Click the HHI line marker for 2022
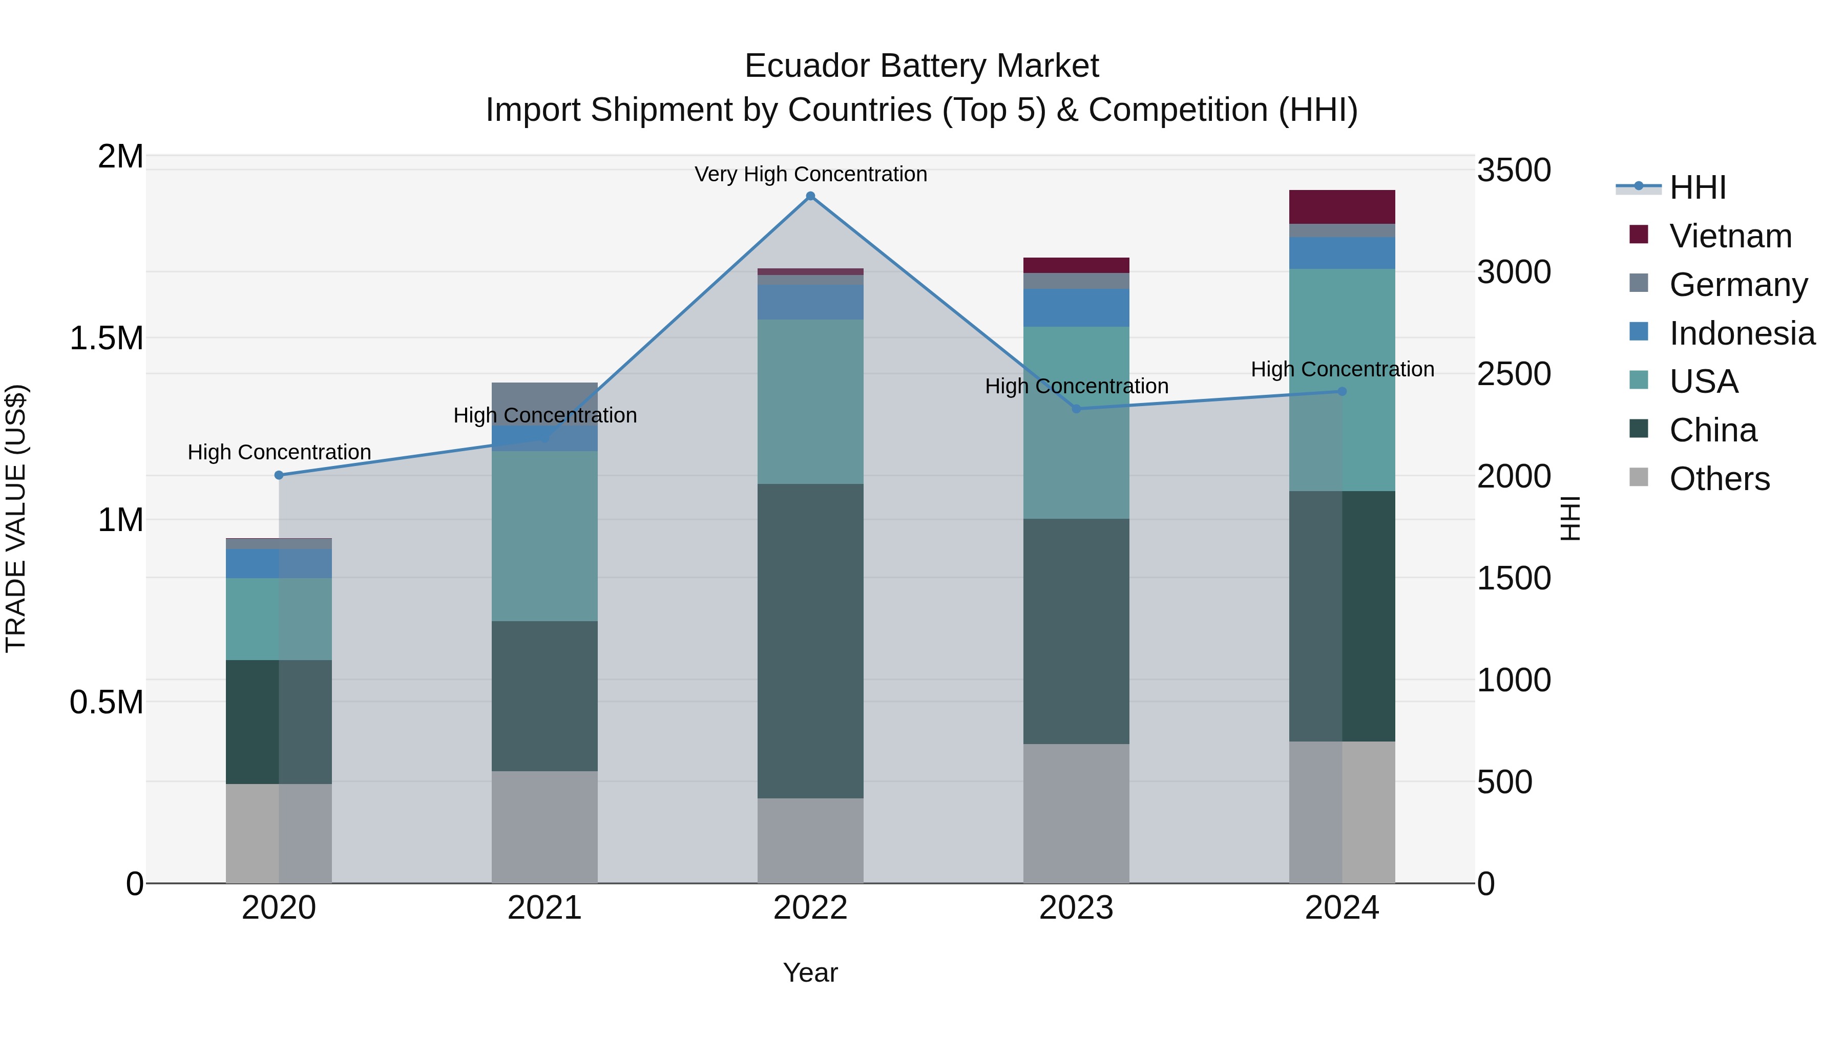point(810,196)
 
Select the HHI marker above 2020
point(279,475)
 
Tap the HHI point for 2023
point(1076,409)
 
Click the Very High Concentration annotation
point(810,174)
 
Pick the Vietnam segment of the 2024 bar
point(1342,207)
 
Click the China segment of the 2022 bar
point(810,641)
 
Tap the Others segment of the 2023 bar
point(1076,813)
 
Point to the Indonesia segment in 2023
point(1076,308)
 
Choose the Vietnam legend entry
point(1730,236)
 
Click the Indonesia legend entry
point(1742,333)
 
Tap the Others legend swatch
point(1639,477)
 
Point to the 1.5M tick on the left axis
point(106,338)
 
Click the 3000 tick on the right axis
point(1514,272)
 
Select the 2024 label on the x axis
point(1342,908)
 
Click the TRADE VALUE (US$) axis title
point(16,518)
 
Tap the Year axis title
point(810,972)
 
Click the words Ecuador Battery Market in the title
point(921,66)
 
